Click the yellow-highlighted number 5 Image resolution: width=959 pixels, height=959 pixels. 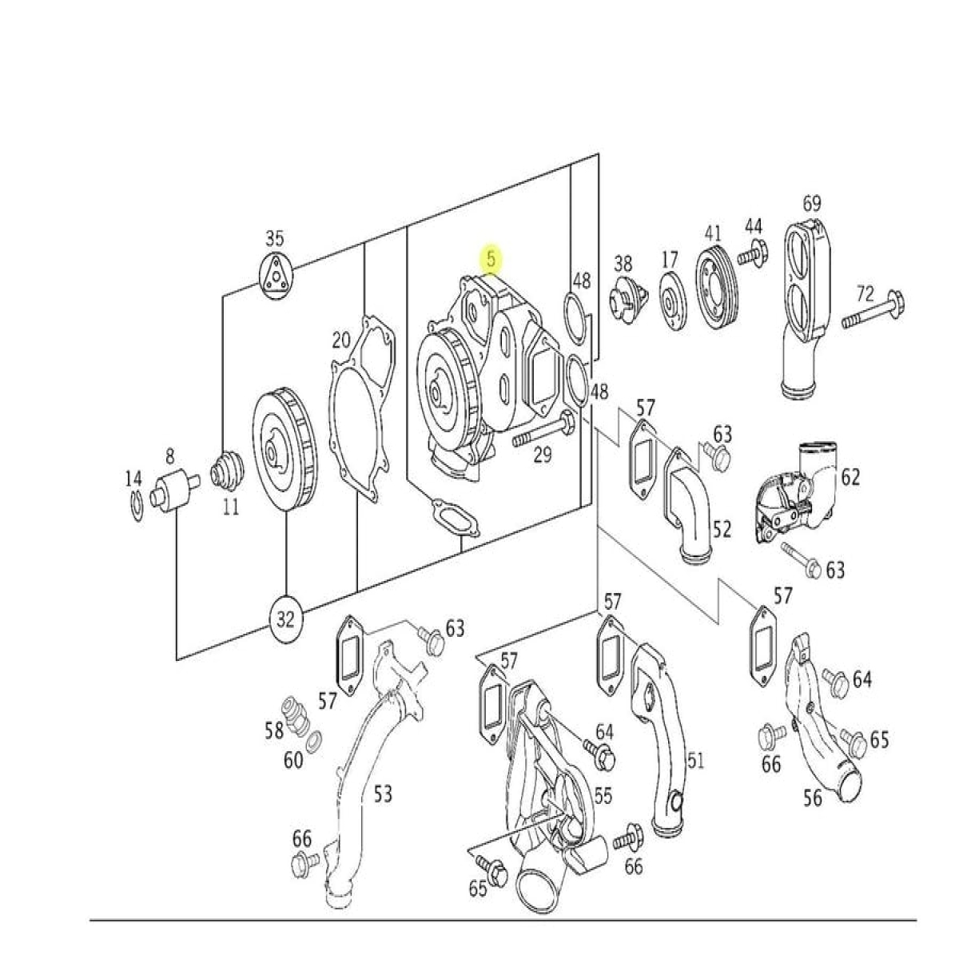coord(491,259)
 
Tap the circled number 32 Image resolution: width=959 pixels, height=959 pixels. coord(285,620)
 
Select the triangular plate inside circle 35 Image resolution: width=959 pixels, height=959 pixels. coord(275,277)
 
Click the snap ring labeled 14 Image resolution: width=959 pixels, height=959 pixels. coord(137,507)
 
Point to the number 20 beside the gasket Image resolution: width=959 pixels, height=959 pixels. coord(341,340)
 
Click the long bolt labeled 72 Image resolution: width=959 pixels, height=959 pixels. coord(873,309)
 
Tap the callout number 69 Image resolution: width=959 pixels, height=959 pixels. coord(812,204)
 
